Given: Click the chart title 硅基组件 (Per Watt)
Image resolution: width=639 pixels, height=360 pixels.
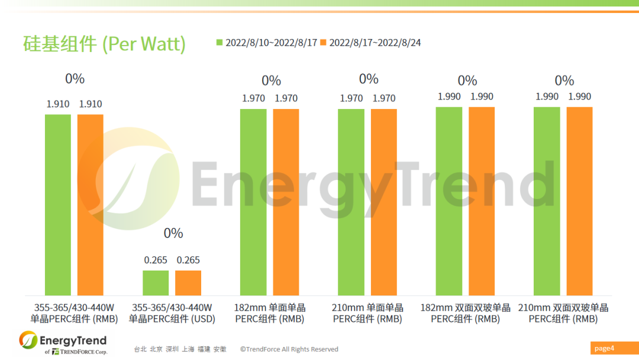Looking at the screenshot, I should [104, 44].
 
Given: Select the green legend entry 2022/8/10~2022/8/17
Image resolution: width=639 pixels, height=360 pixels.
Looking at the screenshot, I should [267, 43].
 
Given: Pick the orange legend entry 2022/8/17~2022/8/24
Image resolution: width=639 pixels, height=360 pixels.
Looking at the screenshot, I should [370, 43].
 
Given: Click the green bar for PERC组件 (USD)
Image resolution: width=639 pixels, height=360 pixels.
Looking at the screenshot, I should [156, 283].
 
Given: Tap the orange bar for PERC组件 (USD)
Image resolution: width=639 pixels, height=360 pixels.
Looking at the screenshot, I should [188, 283].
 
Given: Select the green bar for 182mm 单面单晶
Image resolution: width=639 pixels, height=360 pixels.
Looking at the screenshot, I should [253, 202].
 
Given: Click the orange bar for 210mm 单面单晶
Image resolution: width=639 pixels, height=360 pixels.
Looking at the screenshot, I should [384, 202].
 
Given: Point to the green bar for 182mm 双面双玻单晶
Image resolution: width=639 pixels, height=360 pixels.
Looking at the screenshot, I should [449, 201].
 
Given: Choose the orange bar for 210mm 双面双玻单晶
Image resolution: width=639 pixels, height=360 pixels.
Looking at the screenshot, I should [579, 201].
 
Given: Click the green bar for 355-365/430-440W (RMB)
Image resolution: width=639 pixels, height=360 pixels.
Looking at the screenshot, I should [58, 204].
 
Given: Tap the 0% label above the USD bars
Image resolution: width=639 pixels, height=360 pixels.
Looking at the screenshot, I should [173, 233].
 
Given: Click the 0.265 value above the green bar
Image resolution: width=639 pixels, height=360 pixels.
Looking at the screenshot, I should [156, 260].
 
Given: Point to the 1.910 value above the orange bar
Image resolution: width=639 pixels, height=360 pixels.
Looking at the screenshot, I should [91, 104].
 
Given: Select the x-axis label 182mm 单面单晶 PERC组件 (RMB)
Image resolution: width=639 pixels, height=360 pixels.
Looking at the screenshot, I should [270, 313].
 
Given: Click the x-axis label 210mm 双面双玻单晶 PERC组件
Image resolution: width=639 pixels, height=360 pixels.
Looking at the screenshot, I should [563, 313].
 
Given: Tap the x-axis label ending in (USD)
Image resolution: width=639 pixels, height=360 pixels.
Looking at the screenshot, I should [172, 313].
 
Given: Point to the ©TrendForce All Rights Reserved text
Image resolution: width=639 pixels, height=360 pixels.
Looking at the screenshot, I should [289, 349].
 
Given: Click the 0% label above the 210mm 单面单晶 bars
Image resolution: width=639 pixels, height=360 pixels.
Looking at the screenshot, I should [369, 79].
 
